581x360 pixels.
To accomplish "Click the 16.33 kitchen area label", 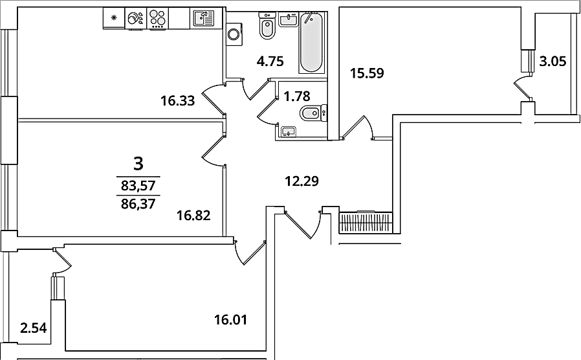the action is click(177, 100).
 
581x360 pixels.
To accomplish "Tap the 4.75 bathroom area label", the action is click(270, 61).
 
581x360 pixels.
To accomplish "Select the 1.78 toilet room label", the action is click(296, 96).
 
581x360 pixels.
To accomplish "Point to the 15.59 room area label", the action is click(367, 73).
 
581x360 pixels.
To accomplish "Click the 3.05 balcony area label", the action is click(553, 61).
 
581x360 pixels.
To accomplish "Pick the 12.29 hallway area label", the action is click(301, 181).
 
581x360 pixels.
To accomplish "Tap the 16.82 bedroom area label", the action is click(193, 215).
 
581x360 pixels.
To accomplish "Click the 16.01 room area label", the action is click(230, 319).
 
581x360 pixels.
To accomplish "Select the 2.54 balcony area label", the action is click(34, 328).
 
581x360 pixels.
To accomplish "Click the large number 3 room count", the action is click(138, 164).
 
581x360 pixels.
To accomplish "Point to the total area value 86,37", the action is click(138, 203).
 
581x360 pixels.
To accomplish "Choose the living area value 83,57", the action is click(138, 185).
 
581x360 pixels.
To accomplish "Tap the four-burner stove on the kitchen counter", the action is click(159, 17).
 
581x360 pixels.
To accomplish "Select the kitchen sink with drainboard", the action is click(203, 17).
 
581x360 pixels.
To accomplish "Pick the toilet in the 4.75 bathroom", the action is click(267, 25).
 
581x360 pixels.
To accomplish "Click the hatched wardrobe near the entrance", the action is click(366, 223).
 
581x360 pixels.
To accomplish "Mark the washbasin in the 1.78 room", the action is click(288, 131).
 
